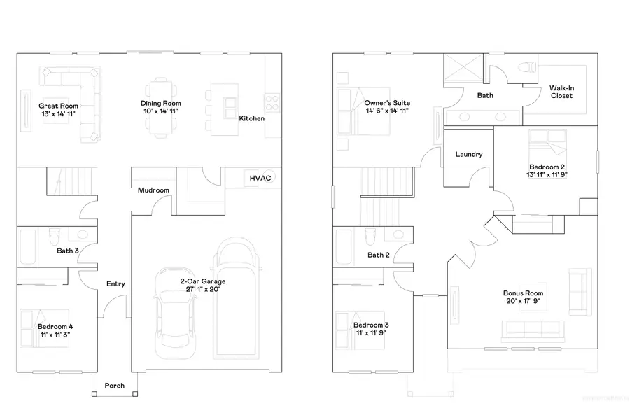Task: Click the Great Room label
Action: click(54, 106)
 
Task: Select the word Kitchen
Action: click(252, 118)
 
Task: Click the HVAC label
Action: click(260, 178)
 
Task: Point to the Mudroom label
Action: click(153, 190)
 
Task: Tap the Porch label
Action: click(115, 386)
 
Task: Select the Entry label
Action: click(115, 283)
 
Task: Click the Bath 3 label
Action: click(68, 250)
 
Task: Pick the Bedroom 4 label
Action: click(54, 326)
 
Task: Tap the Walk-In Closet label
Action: click(561, 92)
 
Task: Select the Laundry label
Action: click(468, 154)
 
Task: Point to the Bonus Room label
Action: click(524, 293)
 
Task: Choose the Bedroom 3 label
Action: click(372, 325)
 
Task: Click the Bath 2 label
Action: click(379, 255)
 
